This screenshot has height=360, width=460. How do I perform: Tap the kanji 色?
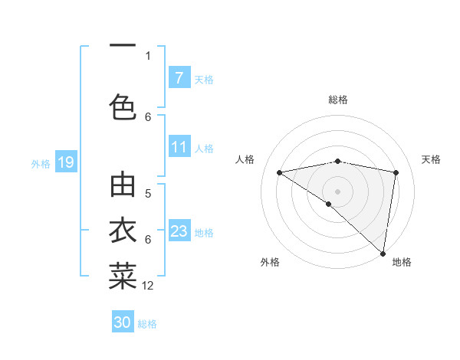pos(123,106)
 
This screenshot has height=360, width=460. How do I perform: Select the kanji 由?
pos(123,186)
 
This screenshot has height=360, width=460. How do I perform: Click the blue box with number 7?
pos(179,78)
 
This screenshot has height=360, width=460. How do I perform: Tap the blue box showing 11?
pos(179,147)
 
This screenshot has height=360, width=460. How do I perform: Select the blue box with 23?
pos(179,231)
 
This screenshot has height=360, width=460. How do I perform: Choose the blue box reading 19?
pos(65,162)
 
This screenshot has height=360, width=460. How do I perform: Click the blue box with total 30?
pos(123,322)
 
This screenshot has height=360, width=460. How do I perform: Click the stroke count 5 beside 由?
pos(148,193)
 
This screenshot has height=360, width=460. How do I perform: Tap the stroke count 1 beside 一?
pos(148,55)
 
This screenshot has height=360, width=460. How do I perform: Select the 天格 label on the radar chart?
pos(431,159)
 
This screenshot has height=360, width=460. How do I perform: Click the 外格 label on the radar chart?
pos(269,262)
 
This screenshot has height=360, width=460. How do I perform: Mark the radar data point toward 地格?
pos(383,253)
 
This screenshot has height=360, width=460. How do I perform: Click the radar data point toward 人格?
pos(279,172)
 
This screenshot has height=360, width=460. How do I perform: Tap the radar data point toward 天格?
pos(396,172)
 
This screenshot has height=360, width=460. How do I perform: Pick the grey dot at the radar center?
pos(337,191)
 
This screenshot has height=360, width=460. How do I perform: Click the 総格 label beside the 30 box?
pos(147,323)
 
